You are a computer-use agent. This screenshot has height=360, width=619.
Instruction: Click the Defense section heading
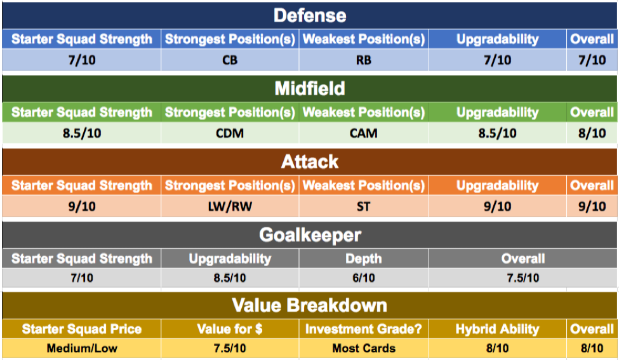pos(310,16)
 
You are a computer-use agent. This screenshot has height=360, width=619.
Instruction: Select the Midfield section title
pos(310,88)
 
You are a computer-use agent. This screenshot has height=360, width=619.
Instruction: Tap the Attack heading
pos(310,162)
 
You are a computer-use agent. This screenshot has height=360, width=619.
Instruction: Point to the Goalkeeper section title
pos(310,236)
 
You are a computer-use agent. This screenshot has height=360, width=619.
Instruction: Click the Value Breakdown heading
pos(310,305)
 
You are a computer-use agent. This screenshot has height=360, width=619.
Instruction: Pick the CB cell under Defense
pos(230,60)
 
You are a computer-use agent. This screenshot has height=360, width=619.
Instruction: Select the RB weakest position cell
pos(364,60)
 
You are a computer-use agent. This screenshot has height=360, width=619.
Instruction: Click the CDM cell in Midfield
pos(230,133)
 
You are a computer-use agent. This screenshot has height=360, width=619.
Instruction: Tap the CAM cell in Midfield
pos(364,133)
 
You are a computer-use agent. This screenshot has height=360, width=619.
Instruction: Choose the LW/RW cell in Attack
pos(230,206)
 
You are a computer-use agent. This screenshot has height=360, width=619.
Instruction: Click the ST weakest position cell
pos(364,206)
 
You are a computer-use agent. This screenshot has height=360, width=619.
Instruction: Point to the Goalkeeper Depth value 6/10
pos(364,278)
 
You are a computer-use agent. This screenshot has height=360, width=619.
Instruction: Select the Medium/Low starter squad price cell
pos(82,349)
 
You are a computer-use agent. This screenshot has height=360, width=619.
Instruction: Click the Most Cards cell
pos(364,349)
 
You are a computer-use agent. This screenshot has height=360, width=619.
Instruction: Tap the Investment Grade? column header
pos(364,329)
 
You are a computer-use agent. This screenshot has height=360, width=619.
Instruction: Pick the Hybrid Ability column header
pos(497,329)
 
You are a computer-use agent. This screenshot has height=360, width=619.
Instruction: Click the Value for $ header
pos(230,329)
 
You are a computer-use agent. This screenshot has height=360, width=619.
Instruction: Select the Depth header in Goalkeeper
pos(364,259)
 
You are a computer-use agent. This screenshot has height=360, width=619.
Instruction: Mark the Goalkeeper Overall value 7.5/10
pos(523,278)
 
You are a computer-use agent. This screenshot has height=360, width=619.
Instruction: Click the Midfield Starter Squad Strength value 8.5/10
pos(82,133)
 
